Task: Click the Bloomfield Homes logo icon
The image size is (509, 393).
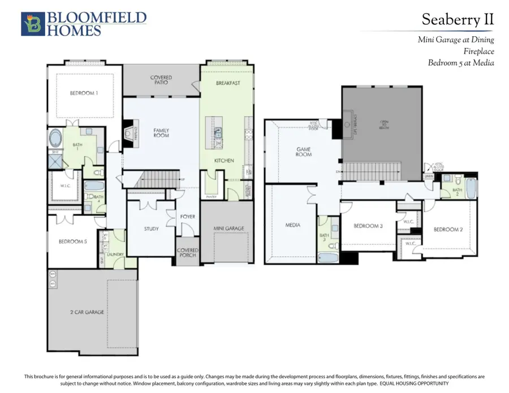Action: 32,24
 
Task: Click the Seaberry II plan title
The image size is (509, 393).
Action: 458,20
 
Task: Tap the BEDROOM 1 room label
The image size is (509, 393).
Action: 84,93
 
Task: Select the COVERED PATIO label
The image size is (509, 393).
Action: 161,80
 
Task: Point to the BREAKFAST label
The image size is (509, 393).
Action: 228,83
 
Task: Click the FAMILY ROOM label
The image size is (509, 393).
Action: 161,133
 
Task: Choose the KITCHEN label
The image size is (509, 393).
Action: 224,161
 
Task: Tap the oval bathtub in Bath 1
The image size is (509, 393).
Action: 57,138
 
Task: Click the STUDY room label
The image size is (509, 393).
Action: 151,229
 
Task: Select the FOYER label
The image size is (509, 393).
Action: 187,217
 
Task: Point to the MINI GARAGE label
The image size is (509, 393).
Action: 228,228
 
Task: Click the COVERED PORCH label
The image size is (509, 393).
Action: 187,252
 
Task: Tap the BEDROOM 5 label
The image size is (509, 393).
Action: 73,241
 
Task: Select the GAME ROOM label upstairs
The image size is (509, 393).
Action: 304,152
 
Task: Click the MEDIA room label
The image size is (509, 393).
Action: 292,225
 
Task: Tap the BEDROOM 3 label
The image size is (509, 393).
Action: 368,226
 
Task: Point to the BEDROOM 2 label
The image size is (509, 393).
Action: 448,230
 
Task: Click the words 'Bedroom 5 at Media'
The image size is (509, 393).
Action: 461,63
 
